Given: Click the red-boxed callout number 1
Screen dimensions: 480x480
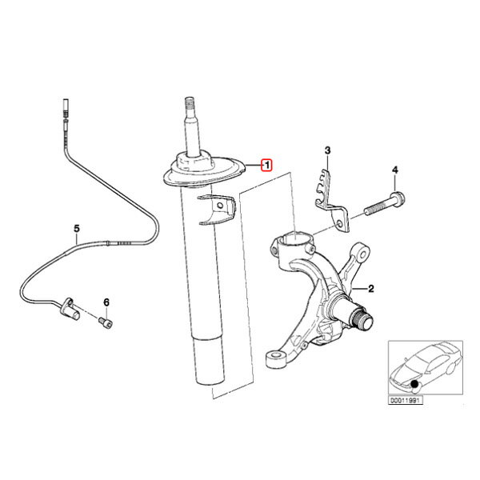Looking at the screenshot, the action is click(266, 166).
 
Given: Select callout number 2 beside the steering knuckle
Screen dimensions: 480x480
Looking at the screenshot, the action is click(370, 288).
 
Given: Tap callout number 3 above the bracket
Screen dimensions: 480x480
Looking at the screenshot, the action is click(327, 150).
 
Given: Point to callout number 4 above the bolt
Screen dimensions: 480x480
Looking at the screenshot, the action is click(395, 170).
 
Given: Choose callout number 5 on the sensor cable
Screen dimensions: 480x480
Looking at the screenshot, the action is click(77, 228).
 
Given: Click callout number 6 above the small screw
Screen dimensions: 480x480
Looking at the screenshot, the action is click(106, 302).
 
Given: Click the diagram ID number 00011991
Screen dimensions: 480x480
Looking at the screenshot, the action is click(406, 400).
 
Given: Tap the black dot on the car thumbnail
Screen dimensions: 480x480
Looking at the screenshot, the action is click(414, 383).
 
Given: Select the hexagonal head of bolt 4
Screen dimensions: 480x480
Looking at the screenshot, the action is click(398, 198).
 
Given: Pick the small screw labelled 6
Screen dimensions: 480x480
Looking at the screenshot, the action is click(106, 322).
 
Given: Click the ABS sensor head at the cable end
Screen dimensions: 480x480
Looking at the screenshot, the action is click(70, 310).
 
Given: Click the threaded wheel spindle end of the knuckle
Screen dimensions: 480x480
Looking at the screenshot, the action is click(363, 319).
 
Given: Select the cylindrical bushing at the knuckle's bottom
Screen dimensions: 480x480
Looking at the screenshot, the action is click(276, 359).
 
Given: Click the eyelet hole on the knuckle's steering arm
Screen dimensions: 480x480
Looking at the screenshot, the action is click(363, 254).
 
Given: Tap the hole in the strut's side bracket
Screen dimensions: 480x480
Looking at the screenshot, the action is click(219, 205).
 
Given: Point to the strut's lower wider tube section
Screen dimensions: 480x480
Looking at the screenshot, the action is click(210, 360).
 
